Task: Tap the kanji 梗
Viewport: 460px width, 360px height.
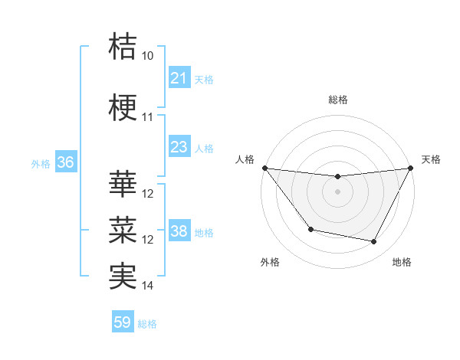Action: tap(123, 106)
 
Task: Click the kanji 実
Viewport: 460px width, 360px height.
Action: tap(123, 275)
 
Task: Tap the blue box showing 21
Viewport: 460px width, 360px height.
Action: tap(179, 78)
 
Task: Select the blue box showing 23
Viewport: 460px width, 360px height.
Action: tap(179, 147)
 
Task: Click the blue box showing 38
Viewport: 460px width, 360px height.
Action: tap(179, 231)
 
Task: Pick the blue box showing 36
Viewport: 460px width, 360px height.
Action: tap(65, 162)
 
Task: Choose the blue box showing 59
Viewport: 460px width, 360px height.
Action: tap(123, 323)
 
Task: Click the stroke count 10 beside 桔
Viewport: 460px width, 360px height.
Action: tap(148, 56)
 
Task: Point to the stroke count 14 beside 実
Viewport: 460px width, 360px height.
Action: tap(148, 286)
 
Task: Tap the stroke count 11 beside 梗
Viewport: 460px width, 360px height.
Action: tap(148, 117)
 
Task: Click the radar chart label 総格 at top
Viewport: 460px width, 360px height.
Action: tap(337, 100)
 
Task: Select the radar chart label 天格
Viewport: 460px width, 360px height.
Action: tap(432, 159)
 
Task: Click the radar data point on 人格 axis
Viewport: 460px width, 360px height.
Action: tap(264, 168)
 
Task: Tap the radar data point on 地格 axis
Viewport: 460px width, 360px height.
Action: tap(374, 242)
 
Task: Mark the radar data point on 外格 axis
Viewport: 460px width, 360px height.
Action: tap(310, 229)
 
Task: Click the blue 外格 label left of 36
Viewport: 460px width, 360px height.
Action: tap(40, 163)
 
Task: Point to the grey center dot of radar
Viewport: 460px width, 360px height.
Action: tap(337, 191)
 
